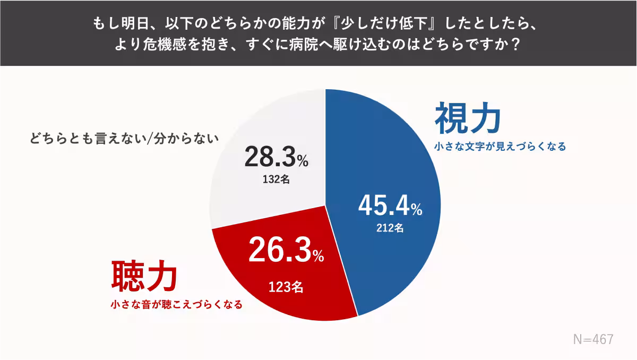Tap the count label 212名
(x=390, y=228)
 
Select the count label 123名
(x=286, y=287)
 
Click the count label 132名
(x=276, y=179)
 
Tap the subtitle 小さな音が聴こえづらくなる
(x=176, y=305)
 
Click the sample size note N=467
(x=593, y=339)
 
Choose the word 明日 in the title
(x=123, y=24)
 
